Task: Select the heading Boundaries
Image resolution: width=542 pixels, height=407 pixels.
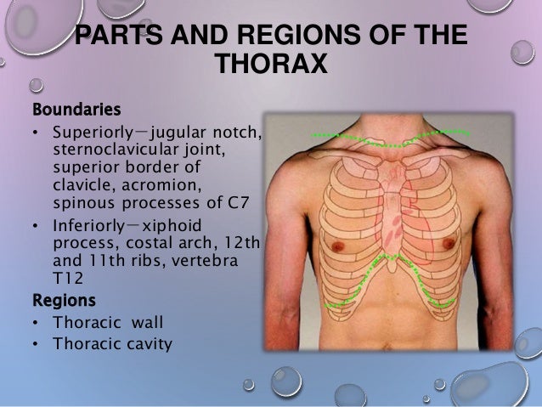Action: [76, 110]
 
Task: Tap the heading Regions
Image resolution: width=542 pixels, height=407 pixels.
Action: [64, 300]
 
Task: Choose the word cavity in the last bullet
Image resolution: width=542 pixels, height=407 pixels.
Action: [149, 344]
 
